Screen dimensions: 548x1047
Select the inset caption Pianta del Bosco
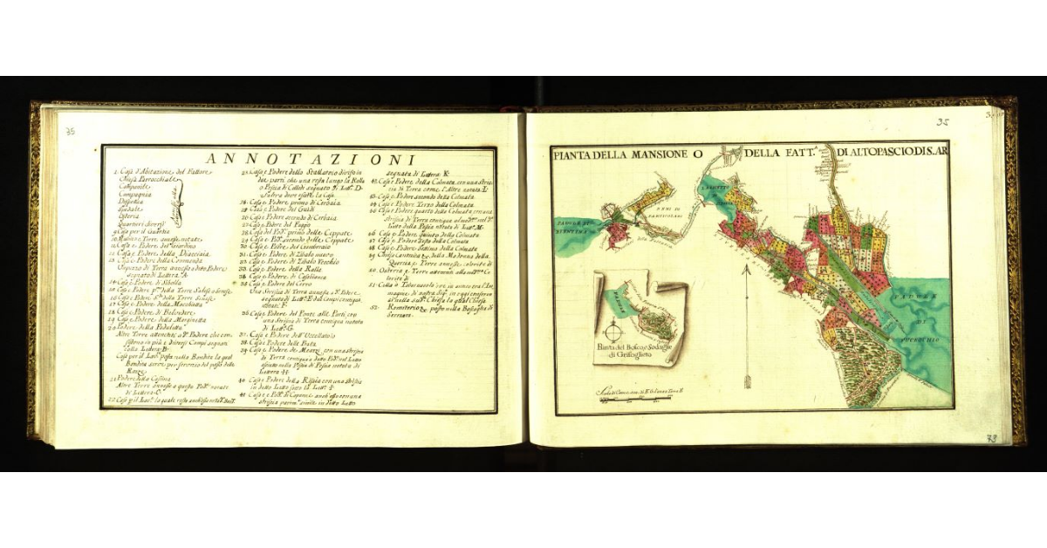coord(636,348)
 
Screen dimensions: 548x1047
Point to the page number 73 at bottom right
coord(991,439)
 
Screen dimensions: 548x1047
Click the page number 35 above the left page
coord(71,132)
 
